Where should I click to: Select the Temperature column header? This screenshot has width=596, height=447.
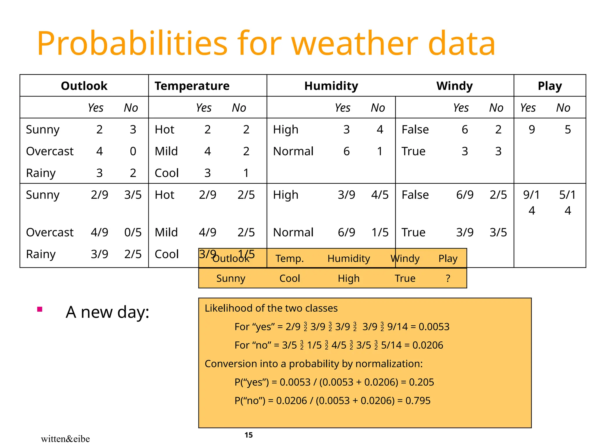pos(192,86)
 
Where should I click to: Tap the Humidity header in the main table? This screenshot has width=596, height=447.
pos(331,86)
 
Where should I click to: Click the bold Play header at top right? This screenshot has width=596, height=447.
pos(550,86)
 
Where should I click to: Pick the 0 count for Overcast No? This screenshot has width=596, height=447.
pos(133,151)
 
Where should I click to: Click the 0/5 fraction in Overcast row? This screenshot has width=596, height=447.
pos(133,233)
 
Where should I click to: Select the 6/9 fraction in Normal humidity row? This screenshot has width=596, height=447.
pos(346,233)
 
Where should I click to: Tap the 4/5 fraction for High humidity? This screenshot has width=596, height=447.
pos(380,195)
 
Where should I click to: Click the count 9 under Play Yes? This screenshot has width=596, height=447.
pos(532,130)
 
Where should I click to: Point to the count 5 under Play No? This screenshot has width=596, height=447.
pos(568,130)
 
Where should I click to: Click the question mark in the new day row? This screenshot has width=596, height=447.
pos(448,279)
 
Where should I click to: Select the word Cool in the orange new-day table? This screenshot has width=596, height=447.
pos(290,279)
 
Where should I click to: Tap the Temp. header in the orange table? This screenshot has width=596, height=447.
pos(290,258)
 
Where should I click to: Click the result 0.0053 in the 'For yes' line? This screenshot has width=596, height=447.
pos(434,327)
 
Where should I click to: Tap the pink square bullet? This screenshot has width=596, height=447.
pos(40,309)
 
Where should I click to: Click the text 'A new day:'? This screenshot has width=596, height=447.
pos(107,312)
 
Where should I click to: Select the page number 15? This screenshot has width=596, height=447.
pos(249,435)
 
